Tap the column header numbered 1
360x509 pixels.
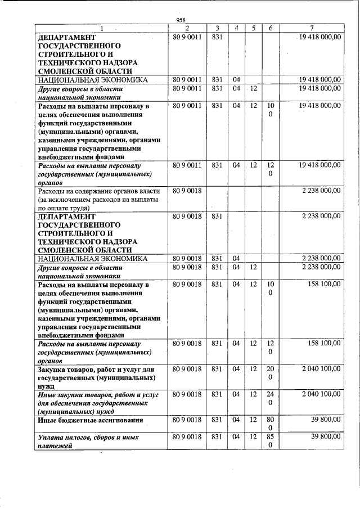(x=102, y=28)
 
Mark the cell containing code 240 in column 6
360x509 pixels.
(x=271, y=399)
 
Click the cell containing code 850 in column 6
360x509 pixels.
(x=271, y=441)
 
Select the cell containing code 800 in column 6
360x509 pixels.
(x=271, y=424)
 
